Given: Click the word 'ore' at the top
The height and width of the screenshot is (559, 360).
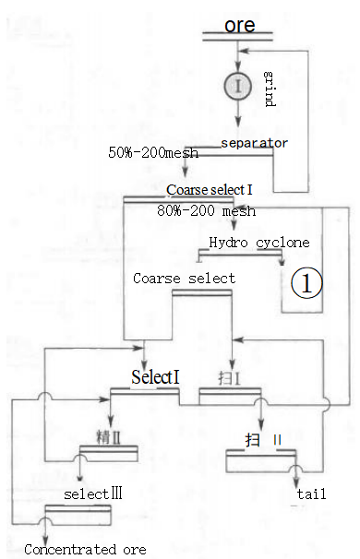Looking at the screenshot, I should [x=239, y=24].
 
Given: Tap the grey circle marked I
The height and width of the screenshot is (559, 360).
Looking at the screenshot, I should [x=238, y=87].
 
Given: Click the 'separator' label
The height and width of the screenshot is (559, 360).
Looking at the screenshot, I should [x=254, y=143].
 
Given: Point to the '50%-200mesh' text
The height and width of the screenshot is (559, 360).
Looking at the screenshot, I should [x=153, y=152].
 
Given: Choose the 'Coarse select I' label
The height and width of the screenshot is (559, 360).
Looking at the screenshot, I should [x=210, y=189].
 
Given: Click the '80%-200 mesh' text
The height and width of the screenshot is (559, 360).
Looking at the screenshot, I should [x=206, y=211].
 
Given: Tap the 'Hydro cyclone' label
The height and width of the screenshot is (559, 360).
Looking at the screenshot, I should [x=258, y=243].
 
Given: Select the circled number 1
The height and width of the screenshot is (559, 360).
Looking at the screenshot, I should [x=306, y=284].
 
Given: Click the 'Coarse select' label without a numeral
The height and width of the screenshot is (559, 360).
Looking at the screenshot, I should [x=184, y=278].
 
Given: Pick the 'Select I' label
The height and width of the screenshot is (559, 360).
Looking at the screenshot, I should [x=155, y=377].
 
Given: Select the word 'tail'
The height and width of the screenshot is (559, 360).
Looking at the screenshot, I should [x=311, y=494].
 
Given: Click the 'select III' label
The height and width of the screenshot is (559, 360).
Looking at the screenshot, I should [x=93, y=494].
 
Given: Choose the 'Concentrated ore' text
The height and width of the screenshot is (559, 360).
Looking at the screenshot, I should [x=85, y=550].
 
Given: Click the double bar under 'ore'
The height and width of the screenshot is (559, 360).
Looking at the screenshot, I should [x=239, y=38].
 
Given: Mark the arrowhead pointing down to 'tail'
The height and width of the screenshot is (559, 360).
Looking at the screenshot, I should [x=296, y=479].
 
